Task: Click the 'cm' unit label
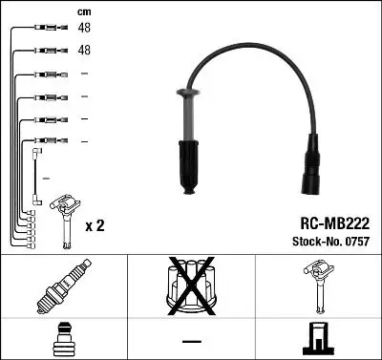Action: point(83,11)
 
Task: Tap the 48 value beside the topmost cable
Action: point(83,28)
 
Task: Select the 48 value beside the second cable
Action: point(83,51)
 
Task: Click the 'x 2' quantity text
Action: point(95,226)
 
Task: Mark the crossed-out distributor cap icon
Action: point(191,287)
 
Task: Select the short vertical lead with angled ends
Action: point(35,172)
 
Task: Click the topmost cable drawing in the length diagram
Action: point(43,28)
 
